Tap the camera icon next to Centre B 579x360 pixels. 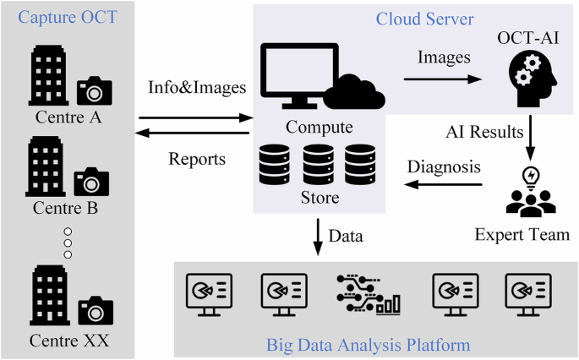[x=90, y=180]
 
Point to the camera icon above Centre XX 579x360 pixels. [x=95, y=310]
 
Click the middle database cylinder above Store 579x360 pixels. [x=318, y=164]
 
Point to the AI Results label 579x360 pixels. [x=483, y=134]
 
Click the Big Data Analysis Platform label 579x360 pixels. [x=368, y=344]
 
